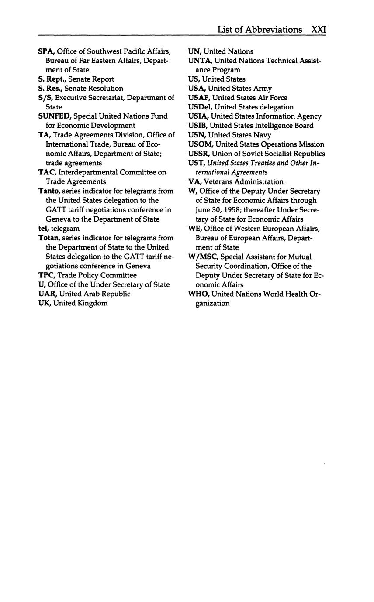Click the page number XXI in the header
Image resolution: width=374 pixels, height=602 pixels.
click(x=319, y=30)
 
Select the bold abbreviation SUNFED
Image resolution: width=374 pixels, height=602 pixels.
click(x=55, y=116)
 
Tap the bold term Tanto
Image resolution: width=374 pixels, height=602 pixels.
click(x=48, y=191)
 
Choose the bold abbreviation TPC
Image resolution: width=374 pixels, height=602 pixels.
click(x=46, y=275)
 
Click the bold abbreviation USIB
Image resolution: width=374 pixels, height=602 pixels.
click(x=197, y=126)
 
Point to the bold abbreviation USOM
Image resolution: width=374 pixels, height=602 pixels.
click(x=201, y=144)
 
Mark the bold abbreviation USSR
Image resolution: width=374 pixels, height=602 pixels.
click(x=198, y=154)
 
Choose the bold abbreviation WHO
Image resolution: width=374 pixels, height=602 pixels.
click(x=198, y=294)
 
